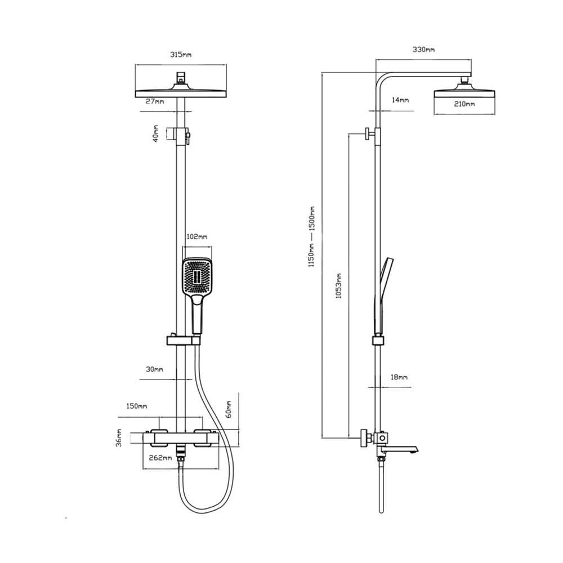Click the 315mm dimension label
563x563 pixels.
pos(181,55)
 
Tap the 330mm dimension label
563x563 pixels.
pos(423,49)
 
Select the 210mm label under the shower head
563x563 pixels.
pos(464,104)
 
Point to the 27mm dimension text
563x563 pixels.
pos(155,101)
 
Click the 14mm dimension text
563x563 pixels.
pos(400,100)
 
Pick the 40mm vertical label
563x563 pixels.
pos(155,133)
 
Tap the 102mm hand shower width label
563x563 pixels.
pos(196,237)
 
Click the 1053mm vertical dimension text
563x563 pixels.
pos(338,286)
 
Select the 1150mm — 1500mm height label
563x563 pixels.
pos(311,236)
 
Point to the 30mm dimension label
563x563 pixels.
pos(154,369)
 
